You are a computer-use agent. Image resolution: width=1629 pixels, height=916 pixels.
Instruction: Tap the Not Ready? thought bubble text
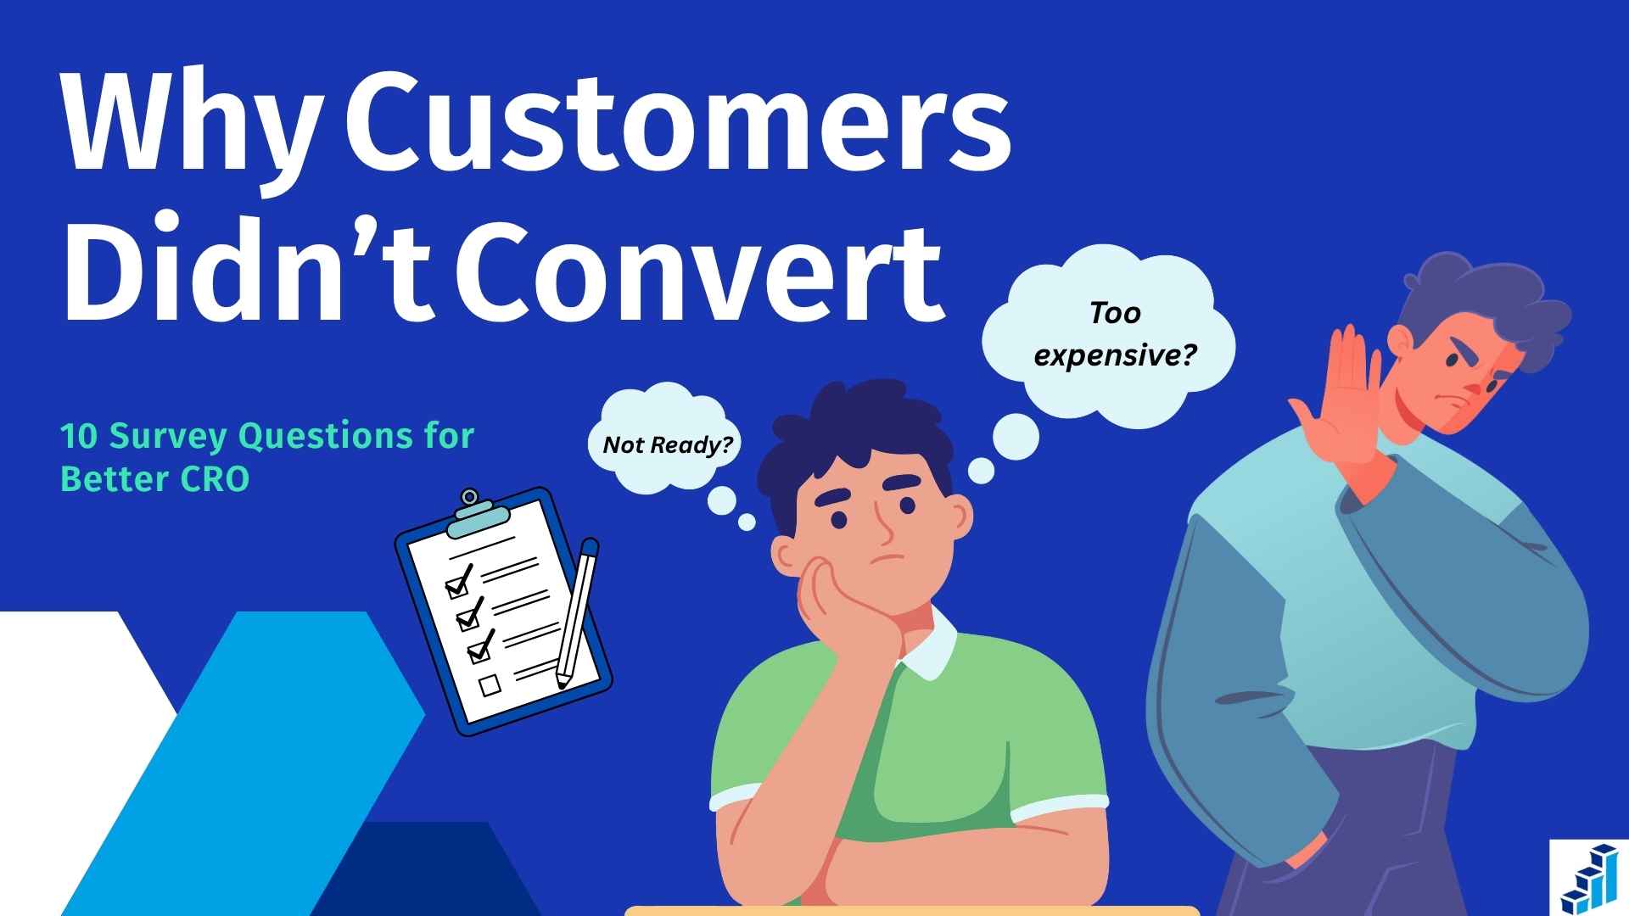coord(668,444)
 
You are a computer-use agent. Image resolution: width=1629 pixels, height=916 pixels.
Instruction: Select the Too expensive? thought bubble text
coord(1114,335)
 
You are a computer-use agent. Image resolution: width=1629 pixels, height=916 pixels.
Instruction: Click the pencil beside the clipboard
coord(576,611)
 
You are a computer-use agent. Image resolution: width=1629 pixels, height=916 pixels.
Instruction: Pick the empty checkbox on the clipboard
coord(490,684)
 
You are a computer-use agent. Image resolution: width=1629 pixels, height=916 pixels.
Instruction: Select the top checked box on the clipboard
coord(456,584)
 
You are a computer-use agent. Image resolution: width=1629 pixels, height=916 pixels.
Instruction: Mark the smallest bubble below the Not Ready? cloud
coord(747,522)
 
